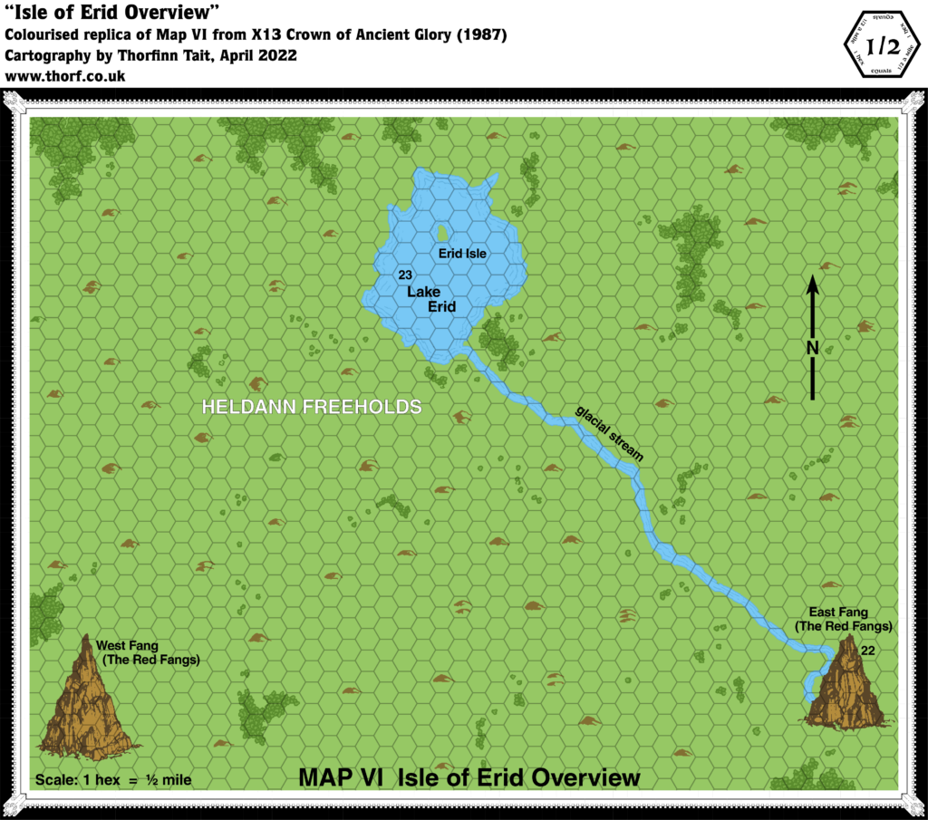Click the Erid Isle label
pos(462,255)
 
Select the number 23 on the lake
pos(404,275)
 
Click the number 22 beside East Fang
pos(867,650)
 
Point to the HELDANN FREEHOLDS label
pos(311,408)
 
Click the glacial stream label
pos(609,433)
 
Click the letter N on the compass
pos(813,348)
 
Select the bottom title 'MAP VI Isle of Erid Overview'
pos(469,778)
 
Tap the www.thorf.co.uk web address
pos(65,77)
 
